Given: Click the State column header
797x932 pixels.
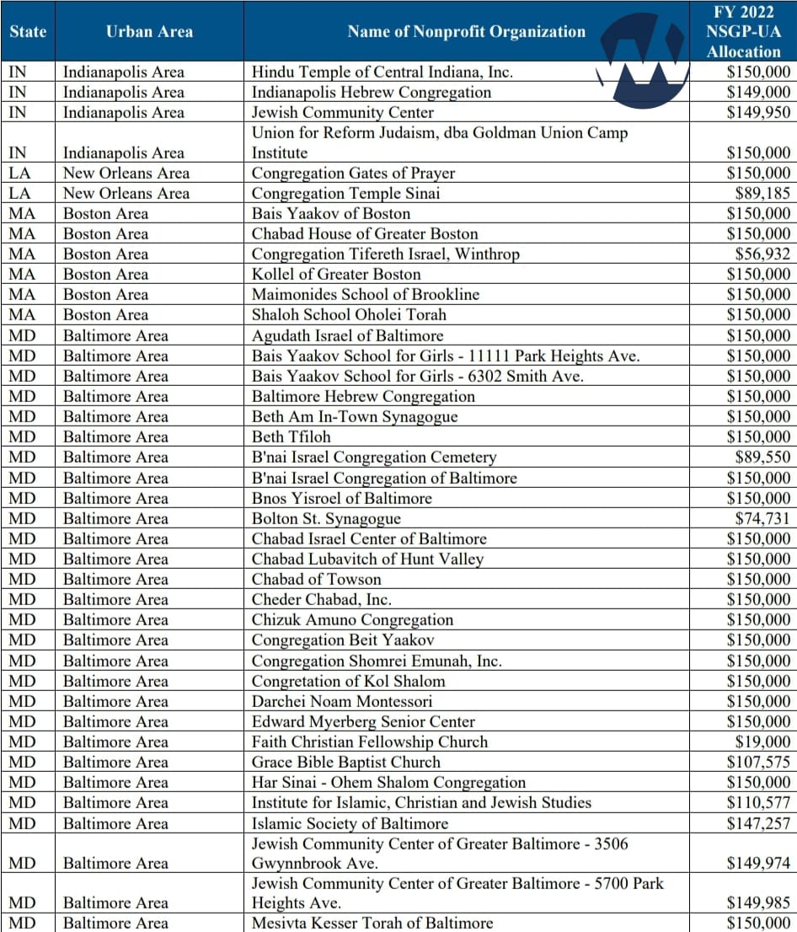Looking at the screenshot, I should [28, 32].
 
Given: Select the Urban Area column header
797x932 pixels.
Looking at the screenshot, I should [149, 32].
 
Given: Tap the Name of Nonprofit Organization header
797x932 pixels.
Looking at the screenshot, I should [466, 32].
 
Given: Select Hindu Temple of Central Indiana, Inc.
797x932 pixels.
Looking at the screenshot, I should [382, 72].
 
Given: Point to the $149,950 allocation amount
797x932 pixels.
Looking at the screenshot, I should [759, 112].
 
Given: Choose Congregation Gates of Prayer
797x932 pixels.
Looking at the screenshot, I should [353, 173].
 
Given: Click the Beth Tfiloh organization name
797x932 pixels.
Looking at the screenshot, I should [292, 437].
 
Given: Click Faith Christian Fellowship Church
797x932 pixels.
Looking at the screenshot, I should [370, 742].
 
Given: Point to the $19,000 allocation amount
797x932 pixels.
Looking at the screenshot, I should [764, 742].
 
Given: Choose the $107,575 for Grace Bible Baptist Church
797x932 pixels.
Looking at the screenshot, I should [759, 762].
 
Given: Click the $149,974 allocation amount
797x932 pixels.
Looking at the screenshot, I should [759, 863].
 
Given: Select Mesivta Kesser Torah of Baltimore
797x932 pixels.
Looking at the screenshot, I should [372, 923].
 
